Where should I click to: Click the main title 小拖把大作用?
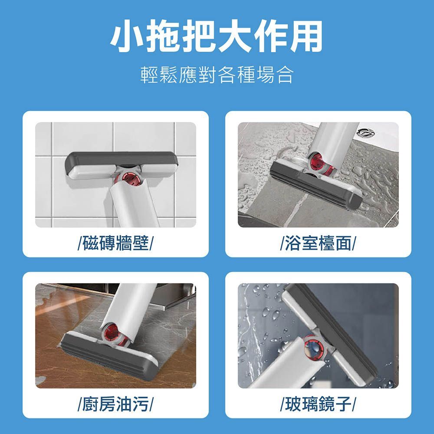click(x=217, y=36)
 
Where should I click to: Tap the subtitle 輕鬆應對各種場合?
click(x=217, y=75)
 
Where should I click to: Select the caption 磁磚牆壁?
click(x=116, y=243)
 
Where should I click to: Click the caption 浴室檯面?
click(x=318, y=243)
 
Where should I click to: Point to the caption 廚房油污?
click(x=116, y=404)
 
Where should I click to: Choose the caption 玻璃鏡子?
click(x=318, y=404)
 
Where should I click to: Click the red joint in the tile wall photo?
click(x=129, y=178)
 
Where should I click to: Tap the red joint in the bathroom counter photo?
click(x=318, y=163)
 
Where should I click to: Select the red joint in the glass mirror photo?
click(x=313, y=347)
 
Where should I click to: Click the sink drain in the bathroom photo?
click(x=366, y=133)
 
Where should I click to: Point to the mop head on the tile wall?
click(x=121, y=165)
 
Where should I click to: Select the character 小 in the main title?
click(x=127, y=36)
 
